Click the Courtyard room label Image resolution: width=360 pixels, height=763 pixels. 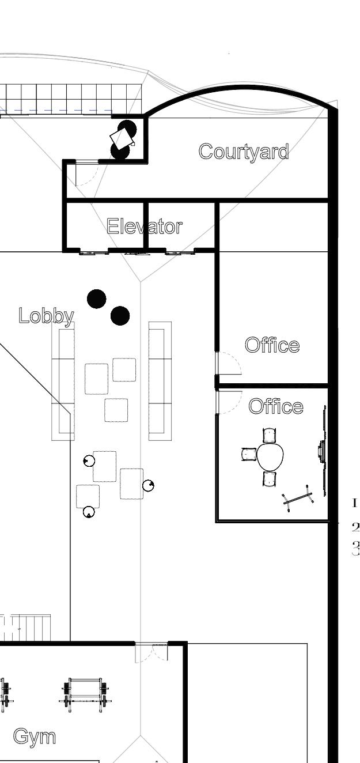coord(244,152)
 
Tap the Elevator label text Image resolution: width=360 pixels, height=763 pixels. coord(145,226)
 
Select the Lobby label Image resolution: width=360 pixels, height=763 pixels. coord(46,316)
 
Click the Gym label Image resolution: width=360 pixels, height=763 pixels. coord(35,736)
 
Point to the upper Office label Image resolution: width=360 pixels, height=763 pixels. coord(272,345)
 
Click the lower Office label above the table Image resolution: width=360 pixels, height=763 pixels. coord(276,406)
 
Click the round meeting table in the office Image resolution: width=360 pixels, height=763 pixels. coord(270,456)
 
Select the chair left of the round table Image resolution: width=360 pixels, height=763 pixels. coord(248,454)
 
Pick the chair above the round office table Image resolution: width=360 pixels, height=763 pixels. coord(270,435)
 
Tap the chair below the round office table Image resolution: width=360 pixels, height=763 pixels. coord(270,478)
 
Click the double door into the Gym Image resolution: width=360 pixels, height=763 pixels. coord(151,652)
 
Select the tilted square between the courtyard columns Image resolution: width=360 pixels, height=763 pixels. coord(122,138)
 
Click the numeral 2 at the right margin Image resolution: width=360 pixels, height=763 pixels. coord(355,527)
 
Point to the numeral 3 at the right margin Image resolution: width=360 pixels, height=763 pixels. coord(355,549)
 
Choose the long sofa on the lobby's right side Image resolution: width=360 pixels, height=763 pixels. coord(160,380)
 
